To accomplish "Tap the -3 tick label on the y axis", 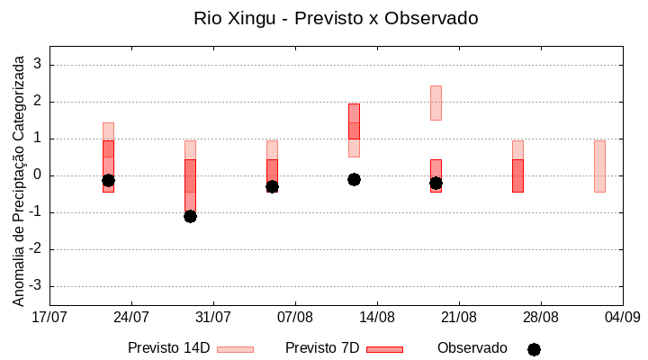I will click(36, 286).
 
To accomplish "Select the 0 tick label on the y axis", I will click(39, 175).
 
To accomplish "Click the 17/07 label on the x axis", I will click(49, 317).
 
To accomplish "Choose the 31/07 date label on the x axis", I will click(213, 317).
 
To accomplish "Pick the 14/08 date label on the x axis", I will click(377, 317).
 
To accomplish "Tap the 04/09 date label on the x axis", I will click(622, 317).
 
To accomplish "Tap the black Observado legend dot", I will click(534, 349).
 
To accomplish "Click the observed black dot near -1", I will click(190, 216).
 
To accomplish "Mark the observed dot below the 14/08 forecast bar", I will click(354, 179).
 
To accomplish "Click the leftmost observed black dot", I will click(108, 180).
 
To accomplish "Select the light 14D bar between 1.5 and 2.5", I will click(436, 103).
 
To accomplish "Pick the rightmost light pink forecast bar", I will click(599, 166).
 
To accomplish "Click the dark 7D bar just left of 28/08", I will click(517, 175).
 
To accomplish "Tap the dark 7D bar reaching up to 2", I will click(354, 121).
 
